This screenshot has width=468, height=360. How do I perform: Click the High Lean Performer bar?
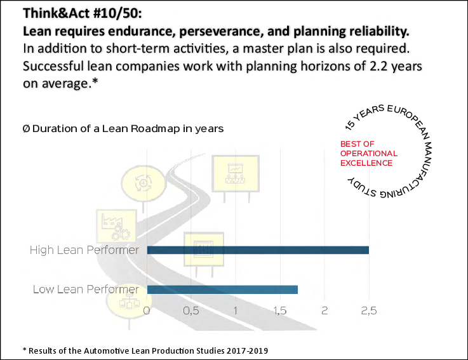[x=258, y=250]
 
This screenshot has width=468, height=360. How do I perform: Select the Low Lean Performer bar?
[x=222, y=290]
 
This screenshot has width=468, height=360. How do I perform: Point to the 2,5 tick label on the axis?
[x=369, y=311]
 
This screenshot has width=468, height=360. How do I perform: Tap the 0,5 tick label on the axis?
[x=191, y=311]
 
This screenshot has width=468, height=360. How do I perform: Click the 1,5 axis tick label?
[x=280, y=311]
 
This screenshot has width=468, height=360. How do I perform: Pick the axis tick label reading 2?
[x=324, y=311]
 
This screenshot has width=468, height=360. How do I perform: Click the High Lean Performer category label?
[x=84, y=250]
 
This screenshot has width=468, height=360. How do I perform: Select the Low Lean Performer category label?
[x=86, y=290]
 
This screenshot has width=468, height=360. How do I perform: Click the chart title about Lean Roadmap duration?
[x=123, y=128]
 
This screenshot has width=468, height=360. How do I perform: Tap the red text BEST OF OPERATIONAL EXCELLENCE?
[x=368, y=154]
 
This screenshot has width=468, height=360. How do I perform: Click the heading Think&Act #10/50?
[x=79, y=13]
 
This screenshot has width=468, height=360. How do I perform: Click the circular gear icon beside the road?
[x=143, y=182]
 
